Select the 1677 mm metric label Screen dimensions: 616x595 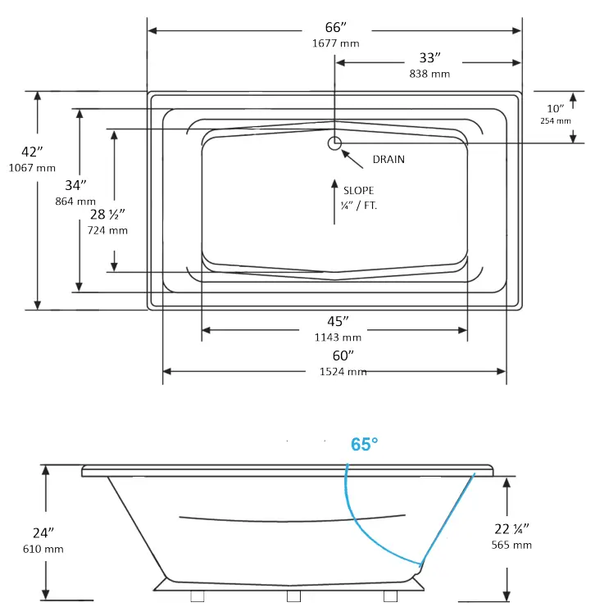point(334,43)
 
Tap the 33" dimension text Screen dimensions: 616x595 point(429,58)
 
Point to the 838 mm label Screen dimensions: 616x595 point(429,74)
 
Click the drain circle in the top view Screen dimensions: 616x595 point(334,143)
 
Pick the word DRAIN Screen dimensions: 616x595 point(388,159)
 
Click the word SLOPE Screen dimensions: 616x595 point(359,190)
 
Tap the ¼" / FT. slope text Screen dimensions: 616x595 point(359,206)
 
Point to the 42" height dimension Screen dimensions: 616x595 point(32,152)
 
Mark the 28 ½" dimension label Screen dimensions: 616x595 point(107,215)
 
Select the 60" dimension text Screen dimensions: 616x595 point(343,356)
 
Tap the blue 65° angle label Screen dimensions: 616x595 point(365,444)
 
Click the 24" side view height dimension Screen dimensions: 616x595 point(32,533)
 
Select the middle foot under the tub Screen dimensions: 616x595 point(293,596)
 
